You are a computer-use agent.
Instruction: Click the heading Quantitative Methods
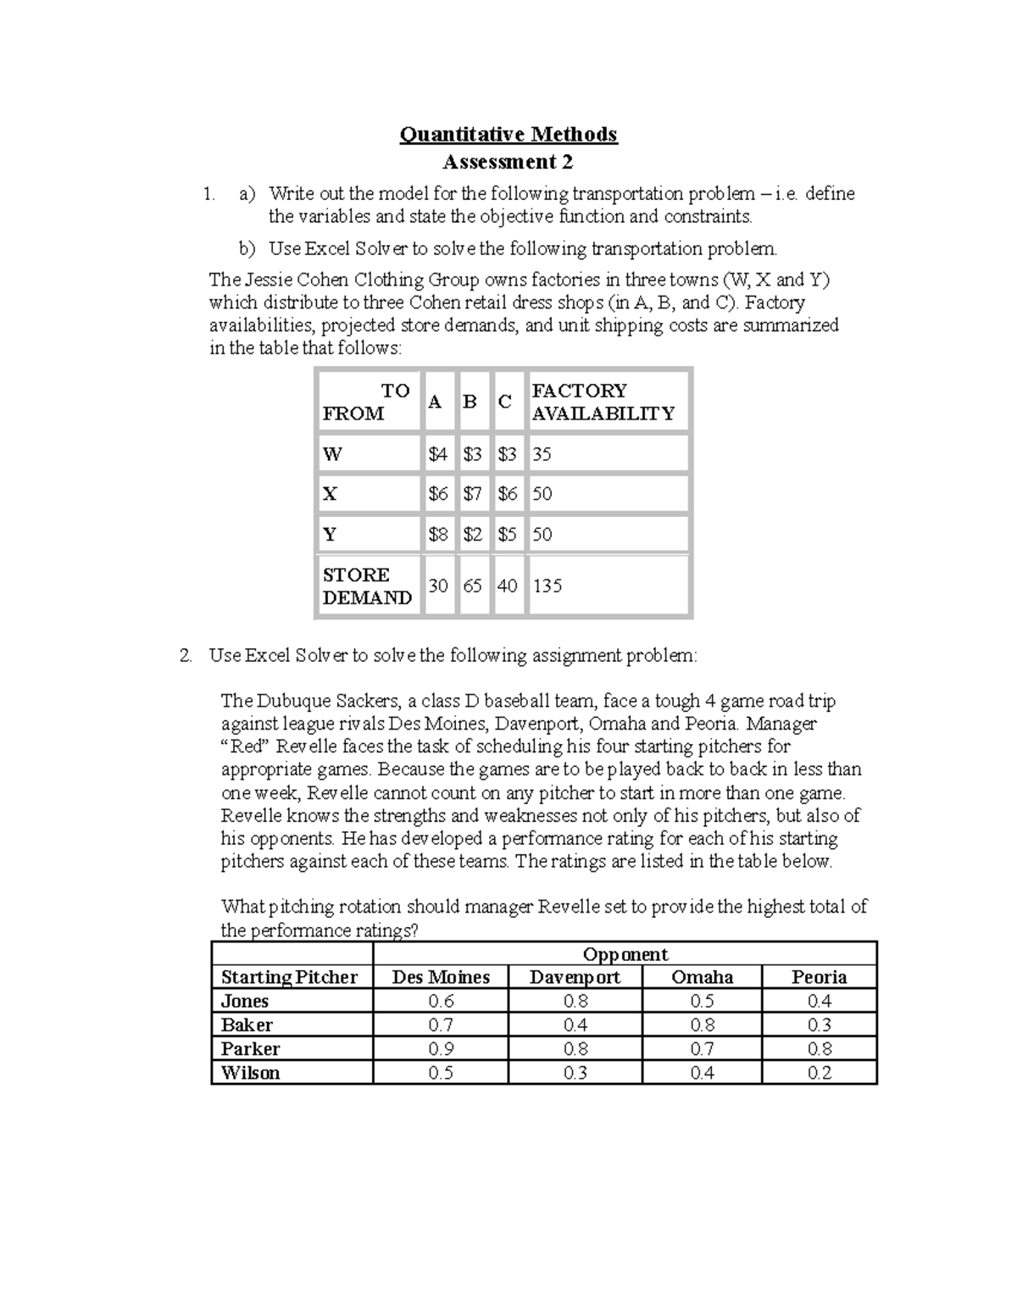tap(508, 134)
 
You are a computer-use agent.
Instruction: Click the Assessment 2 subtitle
tap(508, 162)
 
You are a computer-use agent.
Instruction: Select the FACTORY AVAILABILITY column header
tap(603, 402)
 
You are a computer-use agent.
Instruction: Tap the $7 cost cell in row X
tap(473, 494)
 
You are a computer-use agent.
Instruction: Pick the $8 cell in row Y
tap(438, 535)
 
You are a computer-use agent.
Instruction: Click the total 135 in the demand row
tap(547, 586)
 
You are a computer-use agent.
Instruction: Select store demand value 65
tap(473, 586)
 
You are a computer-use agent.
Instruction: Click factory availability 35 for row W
tap(542, 454)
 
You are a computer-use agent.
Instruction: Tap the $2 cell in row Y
tap(473, 535)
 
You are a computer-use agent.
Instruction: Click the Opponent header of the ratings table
tap(625, 954)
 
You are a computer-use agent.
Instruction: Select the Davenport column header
tap(575, 977)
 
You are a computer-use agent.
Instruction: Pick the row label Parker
tap(250, 1048)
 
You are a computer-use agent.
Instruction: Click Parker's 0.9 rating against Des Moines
tap(441, 1048)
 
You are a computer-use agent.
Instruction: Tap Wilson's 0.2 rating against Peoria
tap(819, 1073)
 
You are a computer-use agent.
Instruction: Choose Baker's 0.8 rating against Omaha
tap(702, 1024)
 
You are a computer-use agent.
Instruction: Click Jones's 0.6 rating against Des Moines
tap(441, 1001)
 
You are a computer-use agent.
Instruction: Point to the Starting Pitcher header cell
tap(289, 977)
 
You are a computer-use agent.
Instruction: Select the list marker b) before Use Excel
tap(247, 249)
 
